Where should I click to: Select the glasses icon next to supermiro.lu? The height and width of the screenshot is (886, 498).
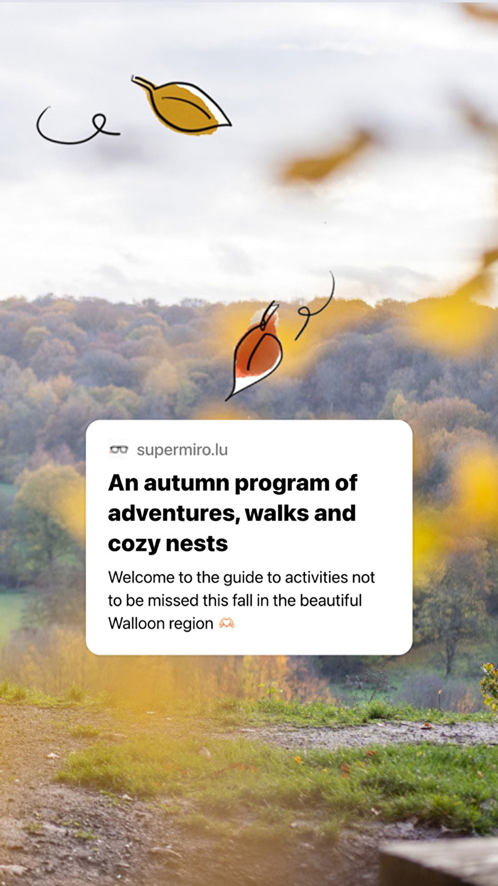pyautogui.click(x=119, y=449)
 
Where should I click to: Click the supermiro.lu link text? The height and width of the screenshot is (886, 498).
pyautogui.click(x=182, y=449)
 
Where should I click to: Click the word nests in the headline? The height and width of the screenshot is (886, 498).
pyautogui.click(x=197, y=544)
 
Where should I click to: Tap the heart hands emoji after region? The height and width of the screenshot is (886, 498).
pyautogui.click(x=226, y=623)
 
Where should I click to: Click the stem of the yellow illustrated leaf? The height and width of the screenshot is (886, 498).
pyautogui.click(x=143, y=83)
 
